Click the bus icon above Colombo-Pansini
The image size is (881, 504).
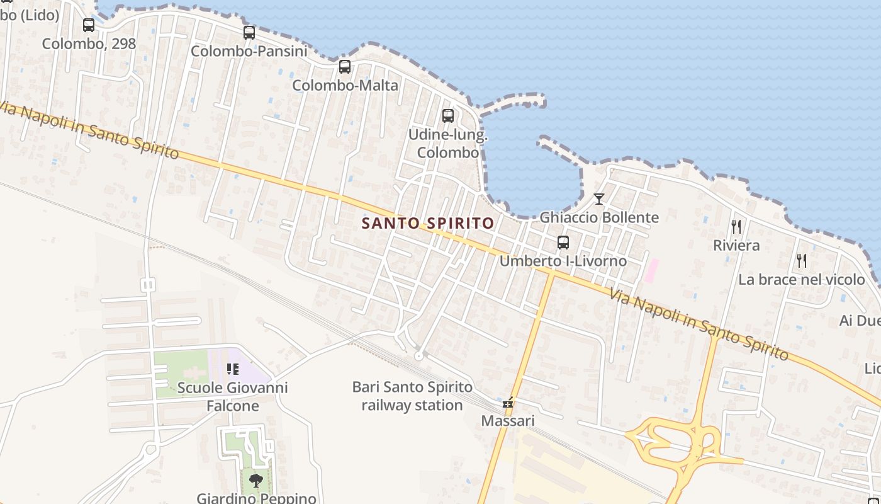point(249,33)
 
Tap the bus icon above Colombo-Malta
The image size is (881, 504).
point(345,67)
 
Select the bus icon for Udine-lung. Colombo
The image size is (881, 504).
point(448,116)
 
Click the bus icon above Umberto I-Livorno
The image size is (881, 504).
point(563,243)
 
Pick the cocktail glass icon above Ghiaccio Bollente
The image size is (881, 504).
point(599,199)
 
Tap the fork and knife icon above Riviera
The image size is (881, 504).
point(736,227)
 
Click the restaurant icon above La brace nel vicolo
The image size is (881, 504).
point(802,260)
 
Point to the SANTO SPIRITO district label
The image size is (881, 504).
point(428,223)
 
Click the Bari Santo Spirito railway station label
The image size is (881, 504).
point(412,396)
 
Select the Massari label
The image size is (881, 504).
point(508,420)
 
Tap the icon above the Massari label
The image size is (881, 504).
point(508,402)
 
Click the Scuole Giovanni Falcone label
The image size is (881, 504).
point(233,396)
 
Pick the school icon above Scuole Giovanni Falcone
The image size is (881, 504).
point(233,369)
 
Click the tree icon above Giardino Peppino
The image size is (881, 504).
point(256,481)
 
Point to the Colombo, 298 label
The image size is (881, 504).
point(89,43)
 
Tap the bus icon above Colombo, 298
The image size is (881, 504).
point(89,25)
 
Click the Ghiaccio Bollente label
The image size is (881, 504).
point(599,217)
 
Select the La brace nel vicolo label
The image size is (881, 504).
point(802,279)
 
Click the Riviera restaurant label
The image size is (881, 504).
point(736,245)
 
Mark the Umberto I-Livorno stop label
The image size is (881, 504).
point(563,261)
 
